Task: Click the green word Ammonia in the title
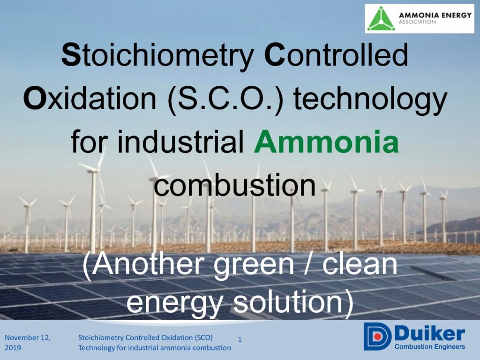point(326,142)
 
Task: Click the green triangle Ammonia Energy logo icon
point(381,18)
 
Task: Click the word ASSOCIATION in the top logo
point(417,22)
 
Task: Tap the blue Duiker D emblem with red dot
point(377,336)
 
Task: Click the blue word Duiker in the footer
point(429,333)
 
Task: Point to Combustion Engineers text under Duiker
point(430,346)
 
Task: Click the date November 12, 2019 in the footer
point(28,343)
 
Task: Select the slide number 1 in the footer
point(240,339)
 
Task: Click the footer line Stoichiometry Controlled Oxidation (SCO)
point(145,337)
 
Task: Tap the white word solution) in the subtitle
point(294,302)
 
